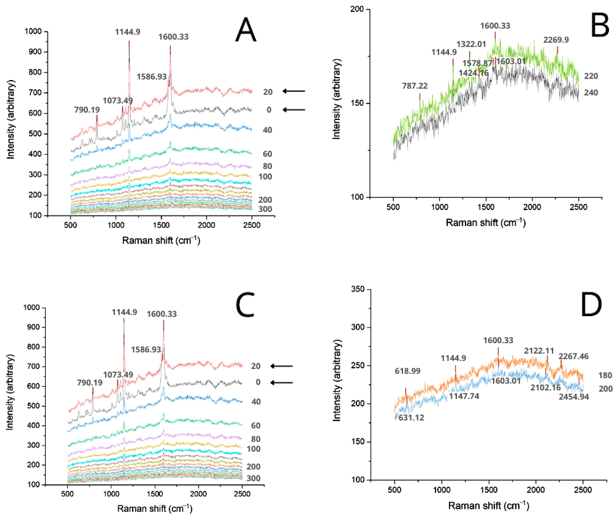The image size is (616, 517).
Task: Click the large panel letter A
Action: click(x=246, y=30)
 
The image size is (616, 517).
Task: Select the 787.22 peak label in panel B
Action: click(x=415, y=86)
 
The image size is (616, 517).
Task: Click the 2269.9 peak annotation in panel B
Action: click(x=556, y=40)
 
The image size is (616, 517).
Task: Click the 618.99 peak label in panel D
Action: click(x=407, y=371)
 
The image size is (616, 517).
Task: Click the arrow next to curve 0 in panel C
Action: click(x=282, y=382)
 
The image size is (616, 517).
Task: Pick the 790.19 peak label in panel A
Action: click(x=87, y=110)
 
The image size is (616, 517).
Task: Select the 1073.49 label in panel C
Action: click(x=118, y=375)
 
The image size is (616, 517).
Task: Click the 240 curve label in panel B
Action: click(x=590, y=93)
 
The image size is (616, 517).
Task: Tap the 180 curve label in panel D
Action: click(x=605, y=375)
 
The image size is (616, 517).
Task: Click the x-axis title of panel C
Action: click(x=155, y=508)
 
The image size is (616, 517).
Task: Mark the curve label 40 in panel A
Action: click(x=267, y=130)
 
